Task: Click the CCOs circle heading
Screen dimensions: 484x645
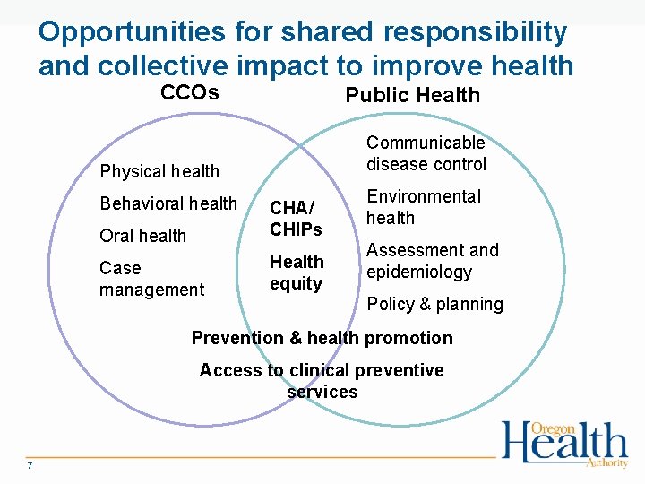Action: (x=189, y=92)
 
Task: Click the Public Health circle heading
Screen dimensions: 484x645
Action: (x=412, y=95)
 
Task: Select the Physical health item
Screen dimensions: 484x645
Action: (x=159, y=171)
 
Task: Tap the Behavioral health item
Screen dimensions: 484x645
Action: (x=168, y=203)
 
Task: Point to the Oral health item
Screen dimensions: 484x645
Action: (x=143, y=236)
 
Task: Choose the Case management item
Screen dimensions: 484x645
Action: (x=151, y=279)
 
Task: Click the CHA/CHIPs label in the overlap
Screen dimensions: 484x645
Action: (x=296, y=219)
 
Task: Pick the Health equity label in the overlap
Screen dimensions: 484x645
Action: (x=297, y=272)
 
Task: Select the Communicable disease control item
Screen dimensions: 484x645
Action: (x=426, y=153)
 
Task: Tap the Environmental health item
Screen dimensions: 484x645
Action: (x=423, y=207)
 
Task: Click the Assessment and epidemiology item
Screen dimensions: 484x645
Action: (x=432, y=261)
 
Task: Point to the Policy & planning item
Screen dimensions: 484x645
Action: (x=435, y=304)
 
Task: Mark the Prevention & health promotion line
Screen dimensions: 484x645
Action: (x=322, y=338)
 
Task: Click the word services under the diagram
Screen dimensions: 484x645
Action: (x=322, y=392)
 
